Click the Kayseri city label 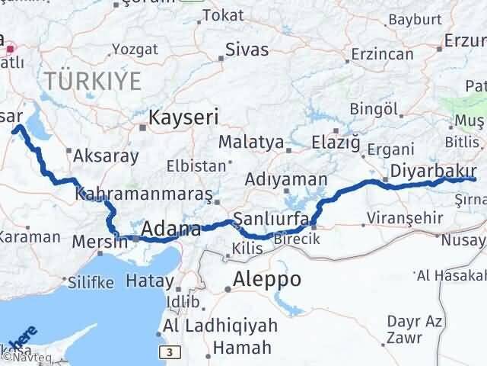point(183,117)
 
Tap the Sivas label point(247,50)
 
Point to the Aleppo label point(267,278)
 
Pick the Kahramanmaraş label point(145,194)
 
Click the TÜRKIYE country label point(92,79)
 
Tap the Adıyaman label point(286,180)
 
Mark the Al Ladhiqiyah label point(209,326)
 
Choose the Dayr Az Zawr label point(415,328)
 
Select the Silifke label point(91,282)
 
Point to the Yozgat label point(135,50)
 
